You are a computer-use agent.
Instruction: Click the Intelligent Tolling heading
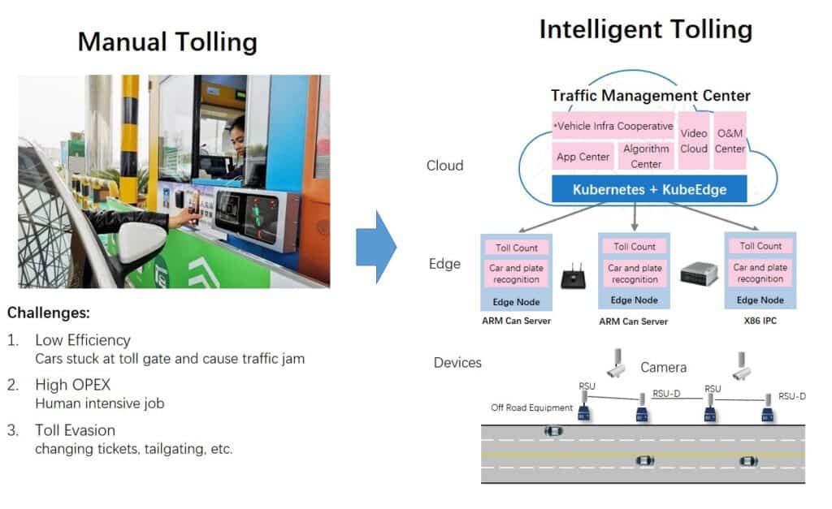tap(645, 29)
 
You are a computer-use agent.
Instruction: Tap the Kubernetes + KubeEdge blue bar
tap(649, 190)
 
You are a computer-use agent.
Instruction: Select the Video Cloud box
tap(693, 140)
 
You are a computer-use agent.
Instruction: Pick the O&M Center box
tap(730, 140)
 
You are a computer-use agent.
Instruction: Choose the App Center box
tap(583, 157)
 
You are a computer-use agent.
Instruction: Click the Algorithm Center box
tap(646, 156)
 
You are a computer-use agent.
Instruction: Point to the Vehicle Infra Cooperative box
tap(613, 126)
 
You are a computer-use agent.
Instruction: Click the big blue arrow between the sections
tap(375, 245)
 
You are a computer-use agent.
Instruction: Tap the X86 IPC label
tap(760, 321)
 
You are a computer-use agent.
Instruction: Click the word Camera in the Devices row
tap(663, 368)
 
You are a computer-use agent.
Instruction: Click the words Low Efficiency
tap(82, 340)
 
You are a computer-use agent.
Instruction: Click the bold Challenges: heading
tap(48, 313)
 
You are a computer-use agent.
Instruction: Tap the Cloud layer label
tap(444, 166)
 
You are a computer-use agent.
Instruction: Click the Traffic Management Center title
tap(650, 95)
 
